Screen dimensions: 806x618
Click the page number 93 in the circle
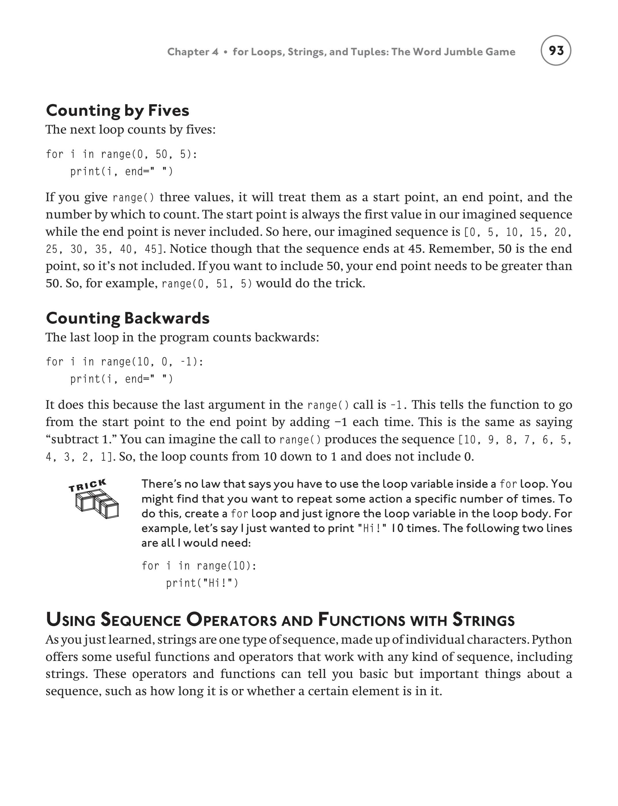556,50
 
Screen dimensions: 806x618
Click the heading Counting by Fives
117,111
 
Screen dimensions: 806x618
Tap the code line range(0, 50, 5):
121,154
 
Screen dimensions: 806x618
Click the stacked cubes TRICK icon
97,504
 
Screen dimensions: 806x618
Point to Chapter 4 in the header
193,52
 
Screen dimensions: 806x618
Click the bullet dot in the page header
226,52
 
